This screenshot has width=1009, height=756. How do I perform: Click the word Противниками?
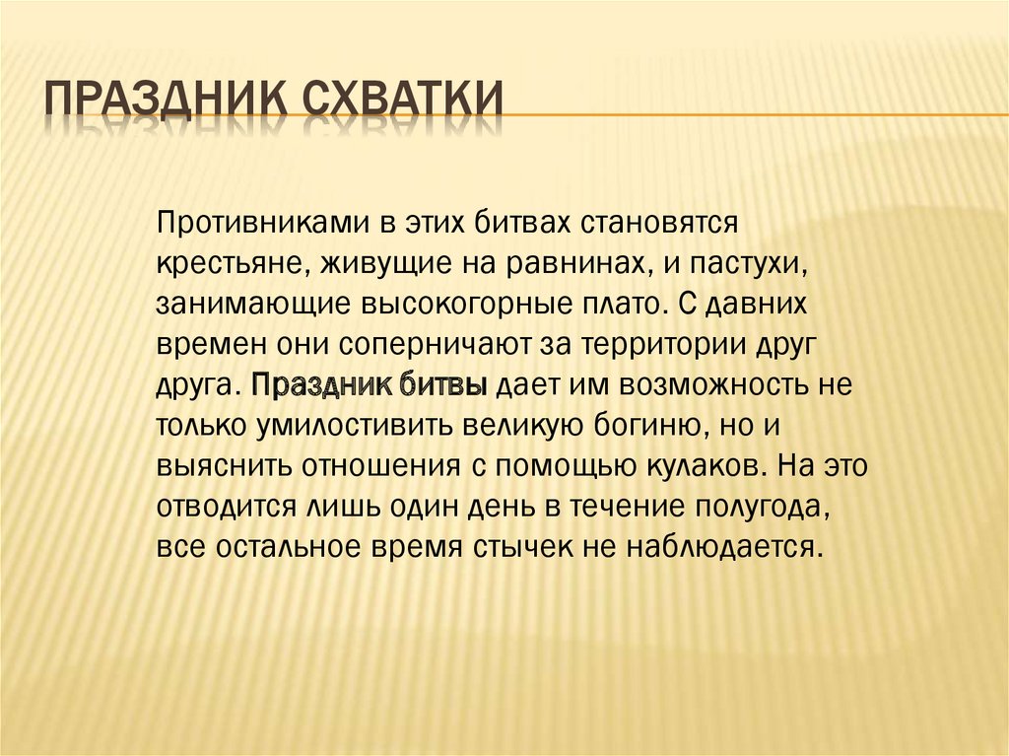[259, 223]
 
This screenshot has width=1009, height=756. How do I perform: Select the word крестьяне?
[216, 263]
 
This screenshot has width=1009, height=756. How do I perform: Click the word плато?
[618, 305]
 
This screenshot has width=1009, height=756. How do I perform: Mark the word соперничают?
[433, 346]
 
